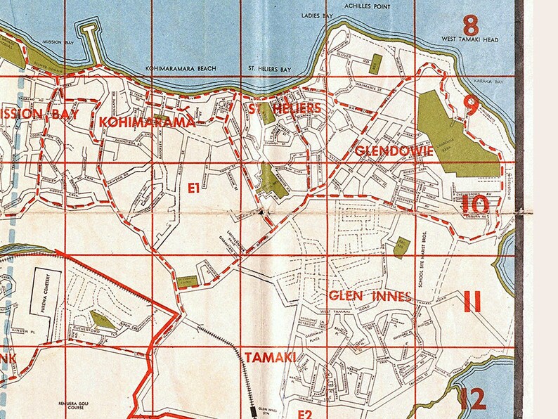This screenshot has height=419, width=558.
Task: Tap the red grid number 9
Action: click(472, 105)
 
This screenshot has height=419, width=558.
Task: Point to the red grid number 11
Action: click(472, 303)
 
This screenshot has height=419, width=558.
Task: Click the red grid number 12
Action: click(472, 399)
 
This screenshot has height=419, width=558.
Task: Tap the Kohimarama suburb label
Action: click(147, 122)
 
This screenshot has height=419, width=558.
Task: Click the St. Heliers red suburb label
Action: click(285, 108)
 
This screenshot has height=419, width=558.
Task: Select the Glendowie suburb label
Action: click(383, 151)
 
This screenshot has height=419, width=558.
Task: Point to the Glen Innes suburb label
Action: click(370, 297)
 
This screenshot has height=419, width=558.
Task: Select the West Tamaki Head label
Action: click(470, 41)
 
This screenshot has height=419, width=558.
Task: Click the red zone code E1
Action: click(194, 188)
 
